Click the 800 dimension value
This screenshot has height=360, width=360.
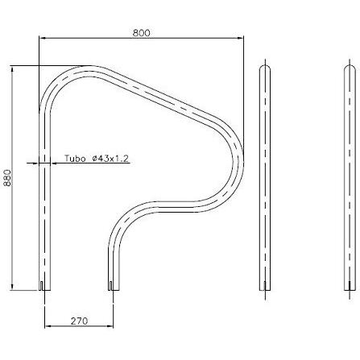click(142, 33)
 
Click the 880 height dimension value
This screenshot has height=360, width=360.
click(8, 178)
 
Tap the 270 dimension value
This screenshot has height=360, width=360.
click(79, 321)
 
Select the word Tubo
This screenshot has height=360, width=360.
click(75, 159)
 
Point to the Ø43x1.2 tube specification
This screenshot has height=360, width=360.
click(110, 159)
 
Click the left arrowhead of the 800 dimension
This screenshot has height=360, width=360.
click(43, 38)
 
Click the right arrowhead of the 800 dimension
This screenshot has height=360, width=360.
click(240, 38)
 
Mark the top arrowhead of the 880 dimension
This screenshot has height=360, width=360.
click(12, 69)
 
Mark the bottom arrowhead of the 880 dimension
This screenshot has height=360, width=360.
click(12, 287)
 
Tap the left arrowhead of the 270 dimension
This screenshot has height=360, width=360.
click(48, 326)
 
